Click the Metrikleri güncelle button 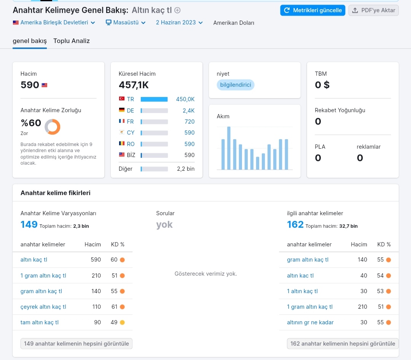(312, 10)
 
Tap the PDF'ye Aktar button (374, 10)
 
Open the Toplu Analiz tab (72, 41)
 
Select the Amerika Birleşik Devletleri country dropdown (54, 22)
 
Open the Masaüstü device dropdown (126, 22)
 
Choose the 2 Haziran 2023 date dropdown (179, 22)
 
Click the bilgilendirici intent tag (236, 85)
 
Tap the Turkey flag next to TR (122, 99)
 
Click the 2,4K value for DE (188, 111)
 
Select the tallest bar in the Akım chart (229, 148)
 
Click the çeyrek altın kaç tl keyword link (43, 307)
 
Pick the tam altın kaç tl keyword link (40, 322)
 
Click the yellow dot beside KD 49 (122, 322)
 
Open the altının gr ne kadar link (311, 322)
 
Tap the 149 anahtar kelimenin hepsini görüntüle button (76, 344)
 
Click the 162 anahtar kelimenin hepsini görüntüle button (342, 344)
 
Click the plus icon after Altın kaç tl (177, 10)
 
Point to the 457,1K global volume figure (134, 85)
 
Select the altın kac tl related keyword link (300, 276)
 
